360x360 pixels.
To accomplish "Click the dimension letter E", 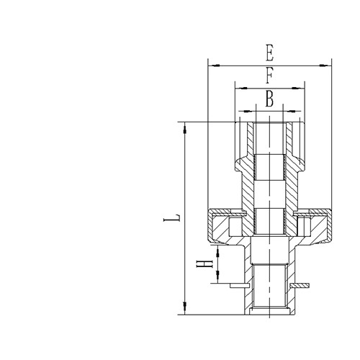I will (269, 53).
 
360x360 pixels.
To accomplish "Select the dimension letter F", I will (269, 75).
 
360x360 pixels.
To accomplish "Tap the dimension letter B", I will (269, 99).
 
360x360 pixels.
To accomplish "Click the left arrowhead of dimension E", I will (212, 66).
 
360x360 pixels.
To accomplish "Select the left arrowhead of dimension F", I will (238, 88).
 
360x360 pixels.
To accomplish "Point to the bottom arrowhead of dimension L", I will (186, 311).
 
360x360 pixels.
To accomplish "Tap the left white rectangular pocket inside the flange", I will (235, 228).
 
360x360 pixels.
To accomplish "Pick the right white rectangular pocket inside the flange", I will (304, 228).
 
